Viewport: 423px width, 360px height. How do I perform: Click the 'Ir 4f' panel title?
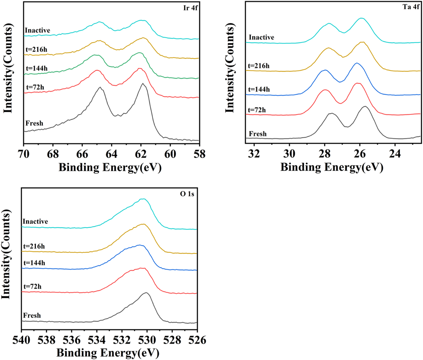[190, 8]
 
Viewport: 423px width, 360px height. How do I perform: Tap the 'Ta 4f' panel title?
[411, 7]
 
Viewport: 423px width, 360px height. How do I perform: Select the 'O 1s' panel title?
[187, 194]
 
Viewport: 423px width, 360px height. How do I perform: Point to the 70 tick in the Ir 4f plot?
[24, 154]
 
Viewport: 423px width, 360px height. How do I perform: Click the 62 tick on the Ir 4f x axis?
[141, 154]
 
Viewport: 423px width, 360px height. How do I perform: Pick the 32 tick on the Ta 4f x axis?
[254, 154]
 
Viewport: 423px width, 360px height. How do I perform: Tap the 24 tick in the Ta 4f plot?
[395, 154]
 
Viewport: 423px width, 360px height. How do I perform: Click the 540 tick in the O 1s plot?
[21, 340]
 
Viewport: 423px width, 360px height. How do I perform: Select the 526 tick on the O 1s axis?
[197, 340]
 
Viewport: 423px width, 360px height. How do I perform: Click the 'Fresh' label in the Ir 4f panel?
[34, 123]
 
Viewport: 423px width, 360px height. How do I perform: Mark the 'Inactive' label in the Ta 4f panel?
[261, 37]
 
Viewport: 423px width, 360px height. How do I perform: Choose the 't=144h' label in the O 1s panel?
[34, 263]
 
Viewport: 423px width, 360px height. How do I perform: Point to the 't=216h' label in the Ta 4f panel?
[259, 66]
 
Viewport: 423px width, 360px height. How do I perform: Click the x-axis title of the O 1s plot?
[108, 353]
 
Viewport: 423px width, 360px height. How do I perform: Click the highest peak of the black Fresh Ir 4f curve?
[143, 83]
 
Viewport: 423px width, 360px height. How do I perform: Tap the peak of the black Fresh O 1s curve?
[146, 292]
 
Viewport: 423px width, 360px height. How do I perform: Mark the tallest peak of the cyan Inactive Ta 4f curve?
[362, 18]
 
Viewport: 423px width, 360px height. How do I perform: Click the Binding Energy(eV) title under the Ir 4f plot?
[110, 167]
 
